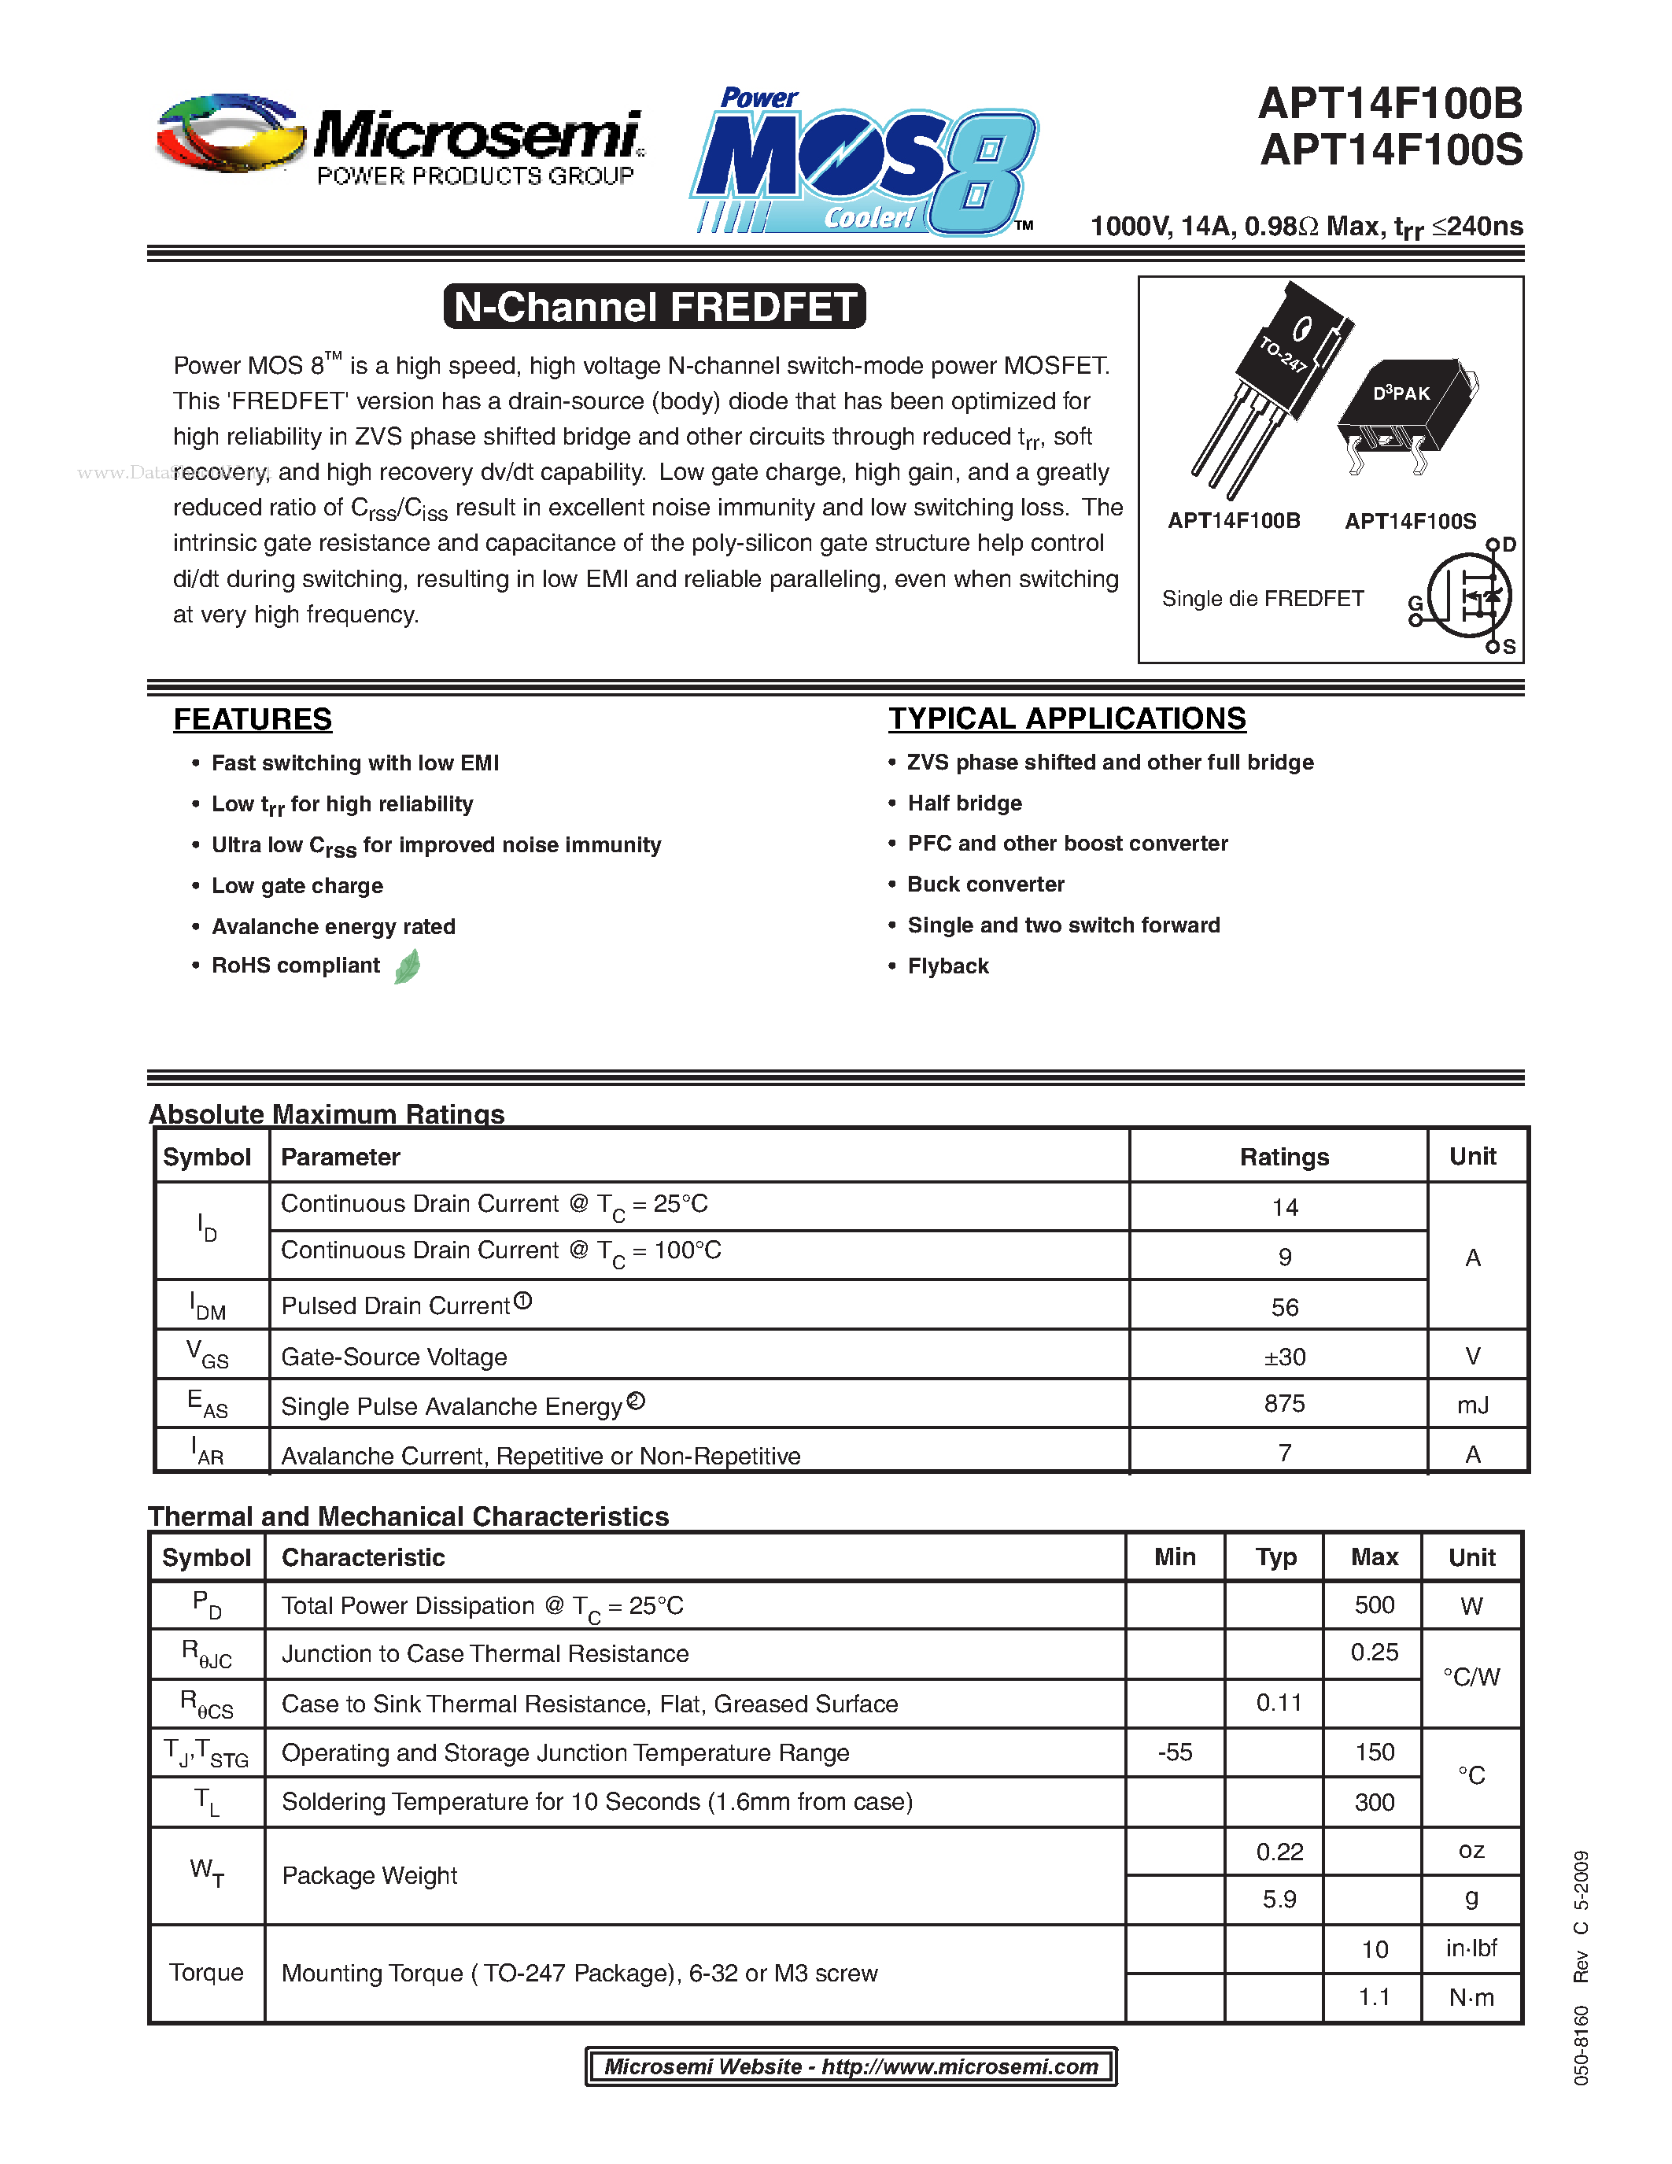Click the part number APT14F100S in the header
tap(1390, 150)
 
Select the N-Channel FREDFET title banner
tap(655, 307)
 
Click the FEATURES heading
tap(253, 719)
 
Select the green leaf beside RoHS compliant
tap(407, 966)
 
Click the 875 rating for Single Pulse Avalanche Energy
tap(1284, 1403)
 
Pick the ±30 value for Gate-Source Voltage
tap(1284, 1357)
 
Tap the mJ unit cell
tap(1472, 1405)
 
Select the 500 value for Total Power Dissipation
tap(1374, 1605)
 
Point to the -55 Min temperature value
tap(1175, 1752)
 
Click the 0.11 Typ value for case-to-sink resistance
tap(1278, 1702)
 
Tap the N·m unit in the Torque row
tap(1471, 1997)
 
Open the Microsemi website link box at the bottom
tap(851, 2066)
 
